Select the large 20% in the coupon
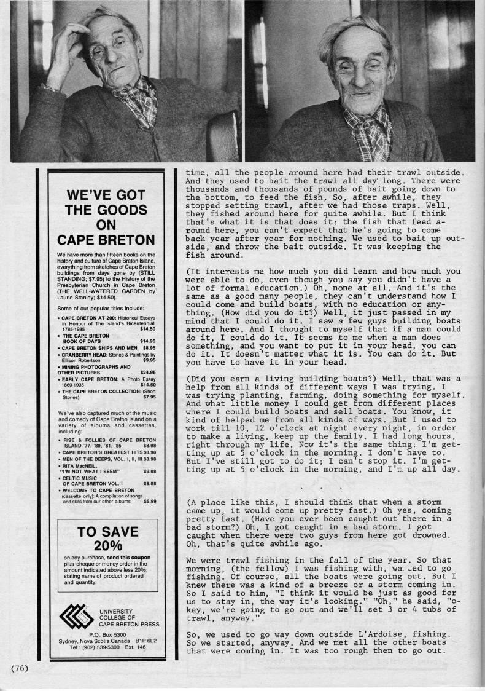coord(108,544)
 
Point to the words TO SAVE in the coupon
coord(108,531)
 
